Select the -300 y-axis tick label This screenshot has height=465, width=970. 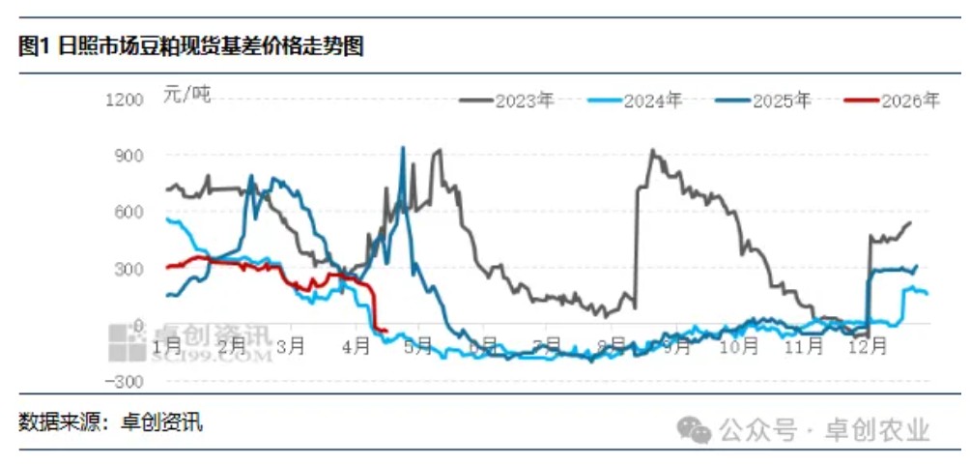tap(128, 381)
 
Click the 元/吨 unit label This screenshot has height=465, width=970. tap(185, 94)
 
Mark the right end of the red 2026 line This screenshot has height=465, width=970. tap(386, 332)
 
